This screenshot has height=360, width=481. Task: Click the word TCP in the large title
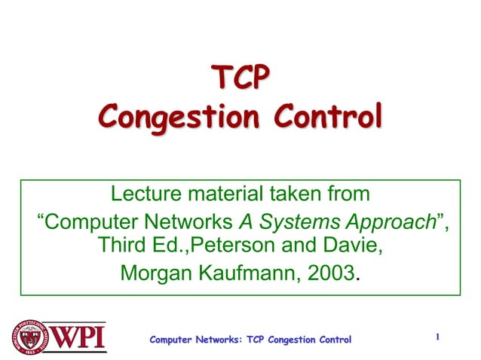pos(240,78)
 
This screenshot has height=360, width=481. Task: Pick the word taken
pos(290,194)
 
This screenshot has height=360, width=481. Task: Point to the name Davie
pos(351,246)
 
